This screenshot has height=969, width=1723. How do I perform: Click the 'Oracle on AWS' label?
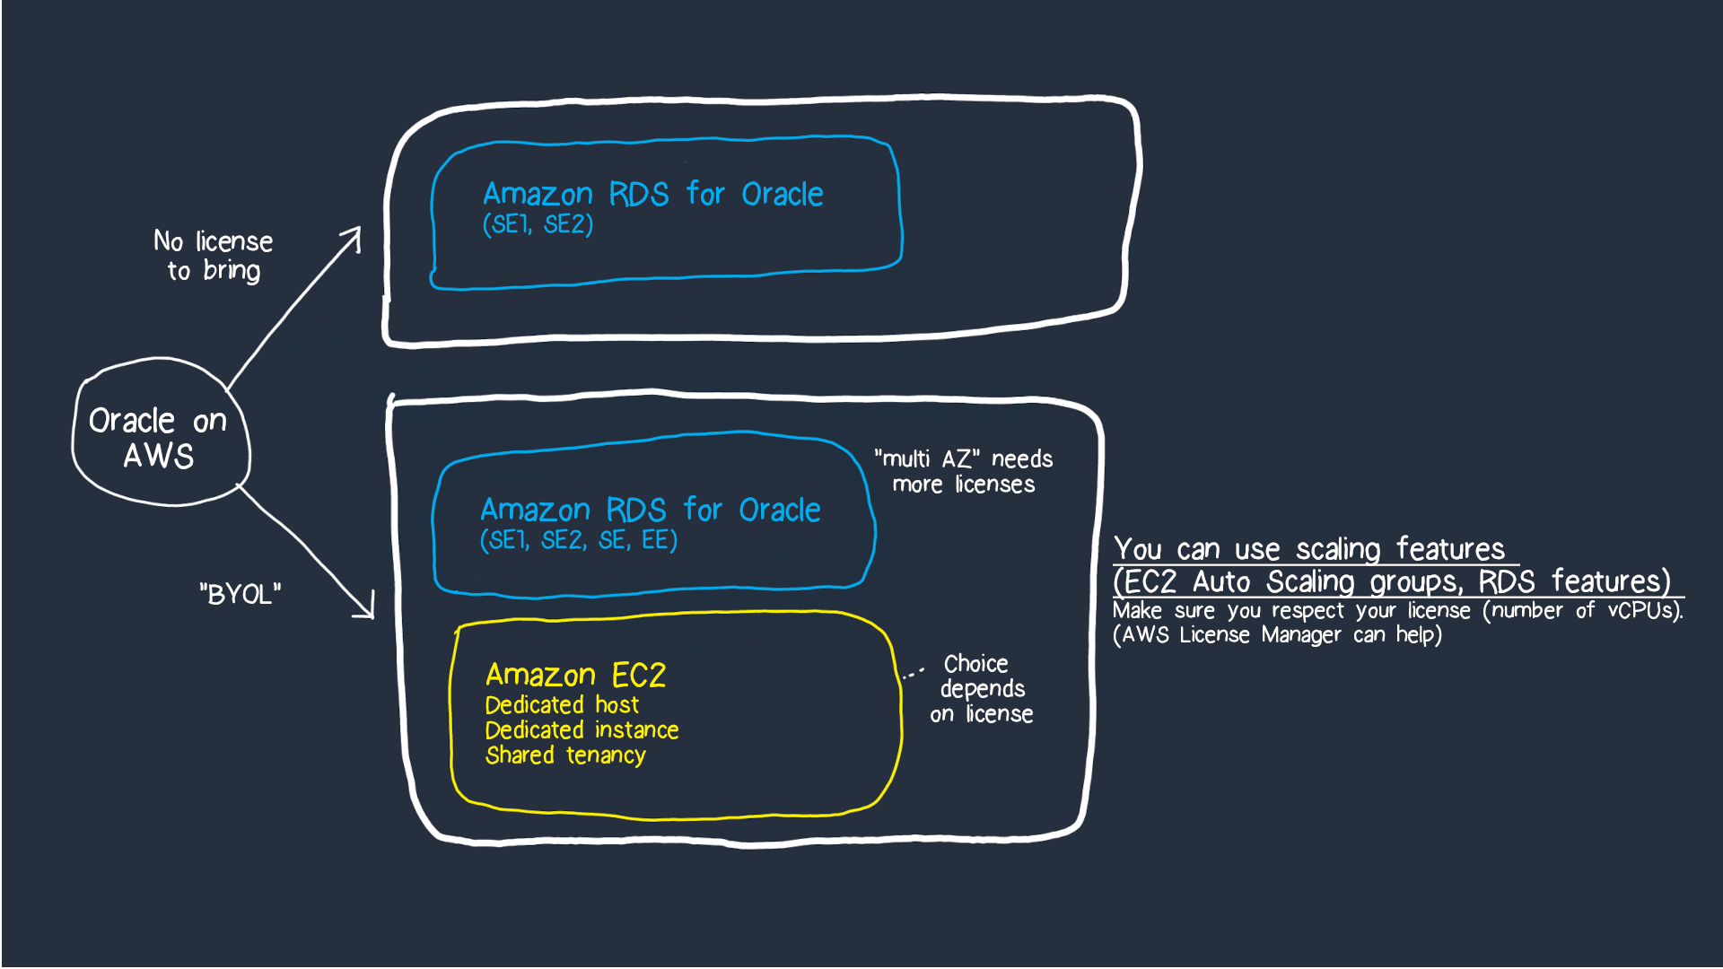(158, 438)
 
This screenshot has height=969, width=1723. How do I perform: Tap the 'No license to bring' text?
(214, 256)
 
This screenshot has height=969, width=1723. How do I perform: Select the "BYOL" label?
(240, 594)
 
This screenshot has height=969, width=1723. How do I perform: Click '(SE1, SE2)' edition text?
(538, 224)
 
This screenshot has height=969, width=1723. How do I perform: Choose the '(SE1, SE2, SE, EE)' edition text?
(579, 540)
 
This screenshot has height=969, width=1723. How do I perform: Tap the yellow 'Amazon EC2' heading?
(575, 675)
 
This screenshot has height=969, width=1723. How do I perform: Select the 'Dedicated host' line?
(562, 705)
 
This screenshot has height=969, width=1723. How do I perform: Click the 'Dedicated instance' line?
(582, 730)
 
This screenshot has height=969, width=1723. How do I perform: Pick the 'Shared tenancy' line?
(565, 755)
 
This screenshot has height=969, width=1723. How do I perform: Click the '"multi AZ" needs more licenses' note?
(964, 472)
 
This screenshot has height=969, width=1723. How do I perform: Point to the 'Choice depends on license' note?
(981, 689)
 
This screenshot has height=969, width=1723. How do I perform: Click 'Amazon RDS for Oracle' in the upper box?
(652, 194)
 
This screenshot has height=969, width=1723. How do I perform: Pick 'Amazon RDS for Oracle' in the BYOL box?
(650, 510)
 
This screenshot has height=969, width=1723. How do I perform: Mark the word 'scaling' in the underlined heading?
(1337, 549)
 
